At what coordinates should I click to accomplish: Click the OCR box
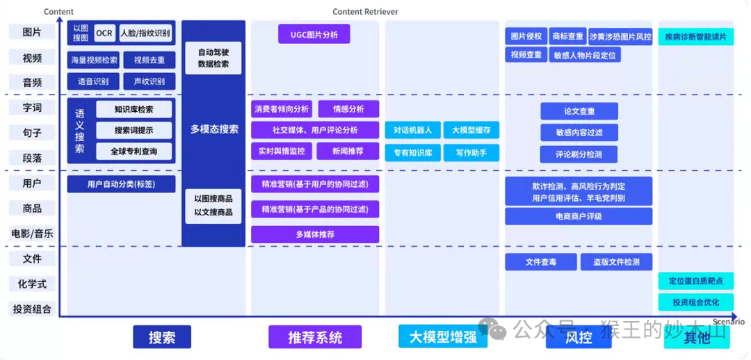104,33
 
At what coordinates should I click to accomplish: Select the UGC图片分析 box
314,34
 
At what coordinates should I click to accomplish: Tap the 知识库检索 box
134,109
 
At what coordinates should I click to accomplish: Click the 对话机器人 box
412,130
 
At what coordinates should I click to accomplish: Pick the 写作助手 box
471,152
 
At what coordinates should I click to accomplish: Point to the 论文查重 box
579,111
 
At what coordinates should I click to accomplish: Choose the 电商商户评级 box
579,216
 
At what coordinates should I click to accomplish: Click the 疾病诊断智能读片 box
695,36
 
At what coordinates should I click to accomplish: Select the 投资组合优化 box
695,302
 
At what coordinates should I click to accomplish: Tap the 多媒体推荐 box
315,234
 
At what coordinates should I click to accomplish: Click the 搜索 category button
161,337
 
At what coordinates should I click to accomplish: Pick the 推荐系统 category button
315,337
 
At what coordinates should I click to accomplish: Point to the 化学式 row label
32,284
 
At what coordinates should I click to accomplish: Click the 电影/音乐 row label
32,234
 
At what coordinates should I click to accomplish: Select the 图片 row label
32,32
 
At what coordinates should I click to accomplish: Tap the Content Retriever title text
365,12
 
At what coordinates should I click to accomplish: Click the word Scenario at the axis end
728,322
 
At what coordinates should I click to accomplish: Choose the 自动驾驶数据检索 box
213,58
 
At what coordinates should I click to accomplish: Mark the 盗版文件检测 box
616,262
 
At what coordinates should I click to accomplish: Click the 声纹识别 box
149,81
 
